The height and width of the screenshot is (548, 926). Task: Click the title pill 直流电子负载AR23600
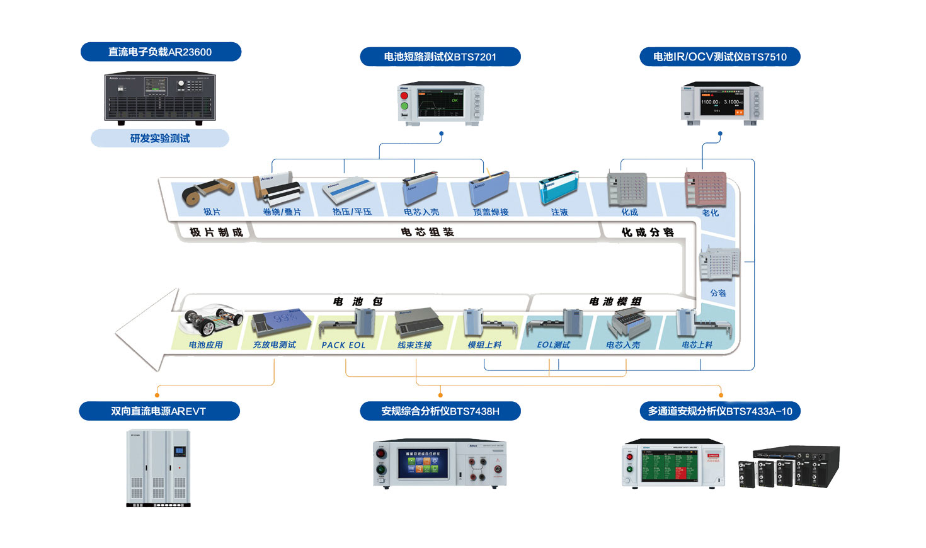[x=161, y=52]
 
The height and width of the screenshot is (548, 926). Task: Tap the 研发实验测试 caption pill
[x=160, y=138]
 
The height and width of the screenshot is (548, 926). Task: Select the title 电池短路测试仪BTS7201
[x=440, y=57]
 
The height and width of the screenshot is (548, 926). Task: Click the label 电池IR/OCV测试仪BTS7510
[x=719, y=57]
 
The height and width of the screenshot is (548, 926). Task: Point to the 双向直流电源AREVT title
[x=159, y=411]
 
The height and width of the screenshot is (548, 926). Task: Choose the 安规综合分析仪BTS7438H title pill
[x=440, y=411]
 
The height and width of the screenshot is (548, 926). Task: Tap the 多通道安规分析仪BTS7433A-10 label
[x=720, y=411]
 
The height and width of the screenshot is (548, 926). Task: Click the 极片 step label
[x=212, y=212]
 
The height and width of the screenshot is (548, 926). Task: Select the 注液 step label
[x=559, y=212]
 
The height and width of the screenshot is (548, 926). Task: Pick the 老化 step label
[x=710, y=213]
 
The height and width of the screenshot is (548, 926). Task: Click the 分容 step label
[x=718, y=293]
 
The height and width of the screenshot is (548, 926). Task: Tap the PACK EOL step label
[x=343, y=345]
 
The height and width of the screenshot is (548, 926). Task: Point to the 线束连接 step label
[x=414, y=345]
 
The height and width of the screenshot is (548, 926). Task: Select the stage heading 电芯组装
[x=428, y=232]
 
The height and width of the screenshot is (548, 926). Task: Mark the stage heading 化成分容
[x=648, y=232]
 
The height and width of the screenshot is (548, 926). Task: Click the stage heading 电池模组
[x=615, y=302]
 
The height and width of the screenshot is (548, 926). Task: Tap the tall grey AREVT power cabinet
[x=159, y=467]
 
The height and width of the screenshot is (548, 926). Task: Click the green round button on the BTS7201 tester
[x=404, y=106]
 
